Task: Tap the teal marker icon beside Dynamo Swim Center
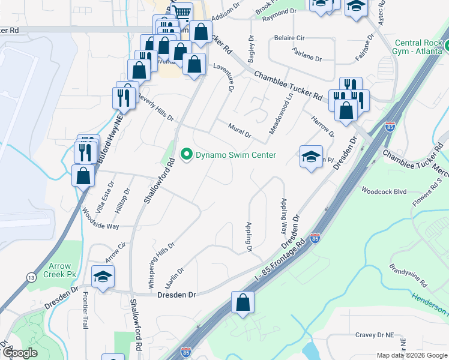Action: coord(187,155)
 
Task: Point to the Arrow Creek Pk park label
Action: coord(56,270)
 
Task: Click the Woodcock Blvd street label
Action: coord(384,192)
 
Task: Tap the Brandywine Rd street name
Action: coord(408,274)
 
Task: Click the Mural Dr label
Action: coord(240,130)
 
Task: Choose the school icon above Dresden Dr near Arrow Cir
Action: coord(103,277)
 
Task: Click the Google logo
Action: coord(20,353)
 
